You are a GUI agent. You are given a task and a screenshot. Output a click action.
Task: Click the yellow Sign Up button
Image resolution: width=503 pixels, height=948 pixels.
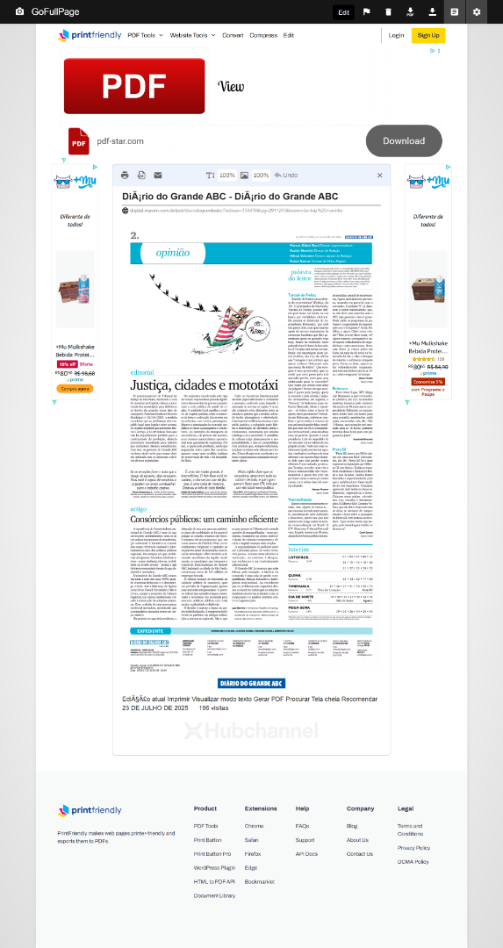428,35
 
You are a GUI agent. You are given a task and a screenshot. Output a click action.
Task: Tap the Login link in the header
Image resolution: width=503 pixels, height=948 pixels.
396,35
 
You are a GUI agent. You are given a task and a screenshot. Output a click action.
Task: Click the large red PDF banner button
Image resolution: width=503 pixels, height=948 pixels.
134,86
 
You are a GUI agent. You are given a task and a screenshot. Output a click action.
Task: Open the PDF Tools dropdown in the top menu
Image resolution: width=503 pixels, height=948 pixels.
145,35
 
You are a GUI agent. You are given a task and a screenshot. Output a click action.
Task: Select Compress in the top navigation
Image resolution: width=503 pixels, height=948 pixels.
262,35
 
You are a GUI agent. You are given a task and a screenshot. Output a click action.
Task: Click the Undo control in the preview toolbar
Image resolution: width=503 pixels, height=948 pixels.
286,176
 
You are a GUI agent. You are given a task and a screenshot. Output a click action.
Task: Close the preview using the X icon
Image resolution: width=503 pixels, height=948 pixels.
379,176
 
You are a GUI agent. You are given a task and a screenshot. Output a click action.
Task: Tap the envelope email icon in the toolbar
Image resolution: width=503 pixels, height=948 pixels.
158,176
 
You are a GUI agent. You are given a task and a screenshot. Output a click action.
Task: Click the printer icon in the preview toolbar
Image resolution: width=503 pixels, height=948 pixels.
126,176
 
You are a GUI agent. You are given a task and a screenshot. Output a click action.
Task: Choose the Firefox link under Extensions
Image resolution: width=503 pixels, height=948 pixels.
253,853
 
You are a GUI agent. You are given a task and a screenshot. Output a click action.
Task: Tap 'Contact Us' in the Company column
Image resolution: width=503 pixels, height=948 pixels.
359,853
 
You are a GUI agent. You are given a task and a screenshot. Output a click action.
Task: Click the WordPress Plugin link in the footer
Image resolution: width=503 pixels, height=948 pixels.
215,867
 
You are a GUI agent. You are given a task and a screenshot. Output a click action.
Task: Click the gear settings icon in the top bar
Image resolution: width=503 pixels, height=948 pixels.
477,11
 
